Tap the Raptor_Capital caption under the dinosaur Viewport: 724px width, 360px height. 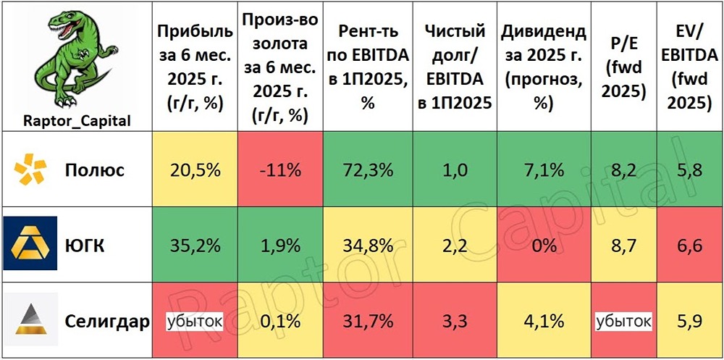click(x=77, y=120)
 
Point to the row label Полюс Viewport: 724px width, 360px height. click(x=95, y=171)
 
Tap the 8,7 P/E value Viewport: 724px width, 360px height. click(x=623, y=246)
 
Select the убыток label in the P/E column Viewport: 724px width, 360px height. click(x=623, y=320)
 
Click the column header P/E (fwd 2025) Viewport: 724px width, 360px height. click(x=623, y=65)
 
